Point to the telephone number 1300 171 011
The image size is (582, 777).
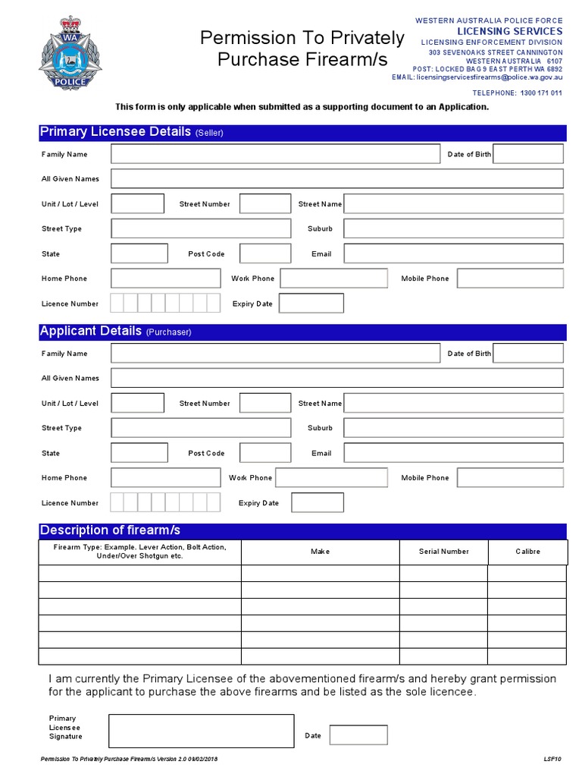pos(540,93)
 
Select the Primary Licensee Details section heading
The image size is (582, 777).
pos(115,132)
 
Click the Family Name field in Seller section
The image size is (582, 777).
pos(275,154)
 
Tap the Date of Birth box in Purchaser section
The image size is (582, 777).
pos(528,354)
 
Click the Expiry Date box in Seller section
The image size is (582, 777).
pos(311,304)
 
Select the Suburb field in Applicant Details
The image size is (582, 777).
pos(453,428)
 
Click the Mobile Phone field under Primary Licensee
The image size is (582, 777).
pos(510,278)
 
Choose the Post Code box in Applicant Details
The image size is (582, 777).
pos(265,453)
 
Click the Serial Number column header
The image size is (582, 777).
pos(443,552)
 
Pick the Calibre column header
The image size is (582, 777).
pos(527,552)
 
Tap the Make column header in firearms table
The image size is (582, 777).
pos(320,552)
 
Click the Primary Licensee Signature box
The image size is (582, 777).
pos(201,731)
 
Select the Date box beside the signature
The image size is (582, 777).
pos(358,735)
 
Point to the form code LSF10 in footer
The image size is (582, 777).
pos(552,759)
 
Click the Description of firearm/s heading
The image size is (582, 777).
pos(110,530)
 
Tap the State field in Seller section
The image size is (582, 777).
pos(139,253)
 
